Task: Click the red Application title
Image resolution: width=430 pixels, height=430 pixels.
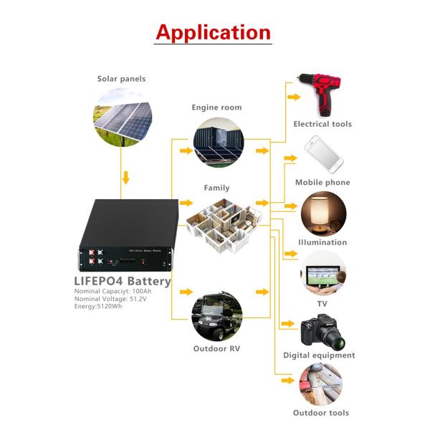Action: click(x=214, y=32)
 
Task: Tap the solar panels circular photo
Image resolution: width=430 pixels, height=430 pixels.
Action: click(x=123, y=115)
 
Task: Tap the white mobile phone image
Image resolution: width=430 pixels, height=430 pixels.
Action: click(x=322, y=152)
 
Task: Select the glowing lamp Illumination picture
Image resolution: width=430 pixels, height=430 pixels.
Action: click(x=322, y=212)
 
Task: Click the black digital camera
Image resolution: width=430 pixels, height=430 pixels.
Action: click(x=322, y=329)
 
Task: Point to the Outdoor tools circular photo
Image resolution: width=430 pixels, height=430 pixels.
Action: click(x=321, y=386)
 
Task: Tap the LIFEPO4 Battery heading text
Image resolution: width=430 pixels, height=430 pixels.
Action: click(x=123, y=281)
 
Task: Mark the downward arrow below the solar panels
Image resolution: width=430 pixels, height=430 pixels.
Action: click(x=126, y=176)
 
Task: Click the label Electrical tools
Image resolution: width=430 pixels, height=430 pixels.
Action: click(x=322, y=124)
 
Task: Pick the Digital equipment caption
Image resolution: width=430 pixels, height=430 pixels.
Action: click(x=319, y=355)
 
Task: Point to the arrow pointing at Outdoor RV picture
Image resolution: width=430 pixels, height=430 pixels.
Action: click(x=186, y=292)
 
